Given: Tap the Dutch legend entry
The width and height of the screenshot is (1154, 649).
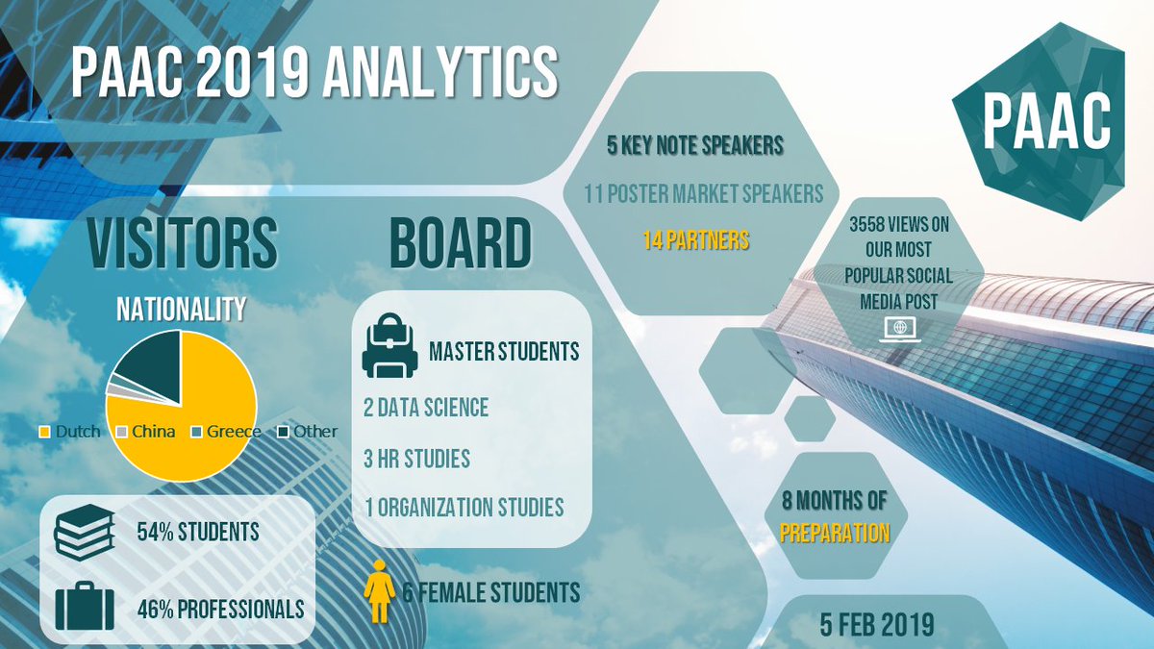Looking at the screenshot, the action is (x=70, y=432).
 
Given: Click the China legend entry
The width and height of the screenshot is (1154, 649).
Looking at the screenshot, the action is (x=146, y=432).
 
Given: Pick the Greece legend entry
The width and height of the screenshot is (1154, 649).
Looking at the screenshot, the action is (x=226, y=432).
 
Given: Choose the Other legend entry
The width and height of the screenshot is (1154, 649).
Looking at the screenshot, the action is (x=308, y=432).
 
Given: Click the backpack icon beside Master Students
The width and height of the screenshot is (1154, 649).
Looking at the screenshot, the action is (x=390, y=345).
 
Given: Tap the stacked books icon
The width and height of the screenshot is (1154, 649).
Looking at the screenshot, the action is (x=85, y=532).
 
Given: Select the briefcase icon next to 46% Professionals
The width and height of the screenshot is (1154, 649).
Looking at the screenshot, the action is (x=85, y=607).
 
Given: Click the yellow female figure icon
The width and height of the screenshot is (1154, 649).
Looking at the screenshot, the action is (x=380, y=591).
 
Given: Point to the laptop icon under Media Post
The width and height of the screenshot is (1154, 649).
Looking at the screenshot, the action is (x=900, y=330).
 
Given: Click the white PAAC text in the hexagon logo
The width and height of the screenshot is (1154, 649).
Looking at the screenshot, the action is (x=1046, y=122).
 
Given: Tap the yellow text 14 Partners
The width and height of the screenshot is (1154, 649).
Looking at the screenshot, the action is (x=695, y=240).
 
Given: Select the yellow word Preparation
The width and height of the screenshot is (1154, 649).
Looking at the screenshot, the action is (x=835, y=533).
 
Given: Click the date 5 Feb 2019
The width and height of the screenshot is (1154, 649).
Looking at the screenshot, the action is (x=877, y=625).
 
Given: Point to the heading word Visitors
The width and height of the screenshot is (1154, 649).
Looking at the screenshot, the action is (x=183, y=242).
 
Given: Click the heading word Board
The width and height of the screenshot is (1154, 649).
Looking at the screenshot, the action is (x=460, y=242).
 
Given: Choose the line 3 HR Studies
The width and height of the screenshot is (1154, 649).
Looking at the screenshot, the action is (x=416, y=459).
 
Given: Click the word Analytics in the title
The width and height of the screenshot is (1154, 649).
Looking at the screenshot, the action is (x=440, y=71).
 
